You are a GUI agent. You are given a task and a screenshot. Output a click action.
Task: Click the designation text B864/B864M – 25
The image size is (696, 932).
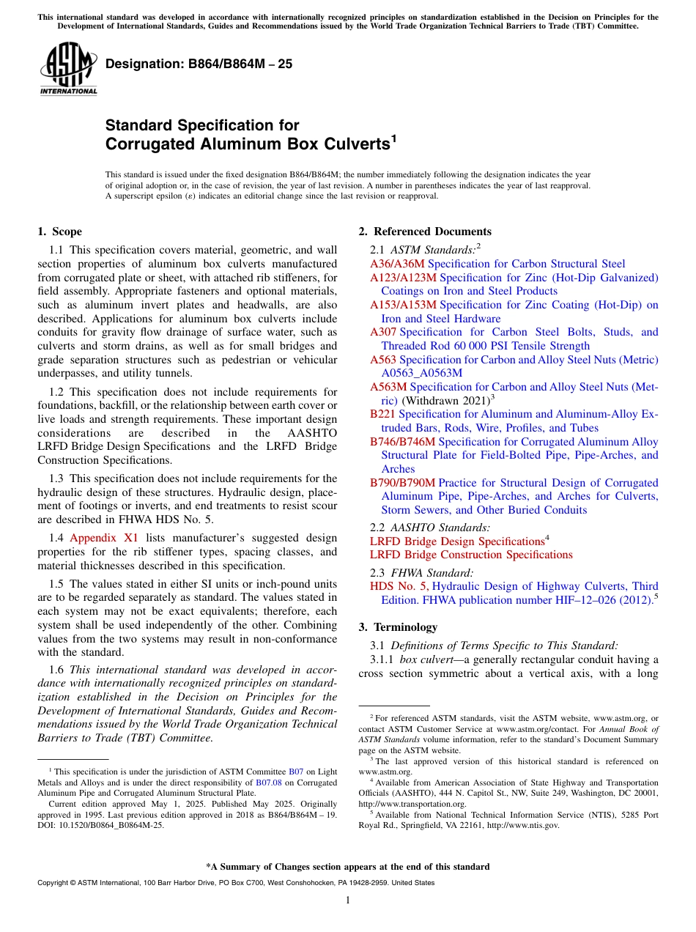pyautogui.click(x=199, y=64)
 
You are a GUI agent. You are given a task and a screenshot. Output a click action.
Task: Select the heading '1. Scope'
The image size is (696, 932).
pyautogui.click(x=59, y=232)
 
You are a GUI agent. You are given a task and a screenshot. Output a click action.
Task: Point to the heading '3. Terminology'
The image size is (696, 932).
pyautogui.click(x=398, y=627)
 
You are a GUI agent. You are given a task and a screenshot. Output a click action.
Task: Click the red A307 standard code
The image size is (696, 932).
pyautogui.click(x=383, y=332)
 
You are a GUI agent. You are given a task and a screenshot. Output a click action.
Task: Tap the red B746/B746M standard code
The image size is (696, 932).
pyautogui.click(x=402, y=442)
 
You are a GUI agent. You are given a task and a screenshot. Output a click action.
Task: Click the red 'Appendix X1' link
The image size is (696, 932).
pyautogui.click(x=104, y=537)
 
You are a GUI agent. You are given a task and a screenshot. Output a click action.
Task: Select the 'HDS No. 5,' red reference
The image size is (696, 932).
pyautogui.click(x=399, y=586)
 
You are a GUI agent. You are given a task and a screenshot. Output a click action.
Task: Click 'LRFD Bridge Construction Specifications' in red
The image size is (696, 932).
pyautogui.click(x=471, y=555)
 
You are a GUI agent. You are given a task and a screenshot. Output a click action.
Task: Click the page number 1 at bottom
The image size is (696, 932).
pyautogui.click(x=348, y=900)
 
